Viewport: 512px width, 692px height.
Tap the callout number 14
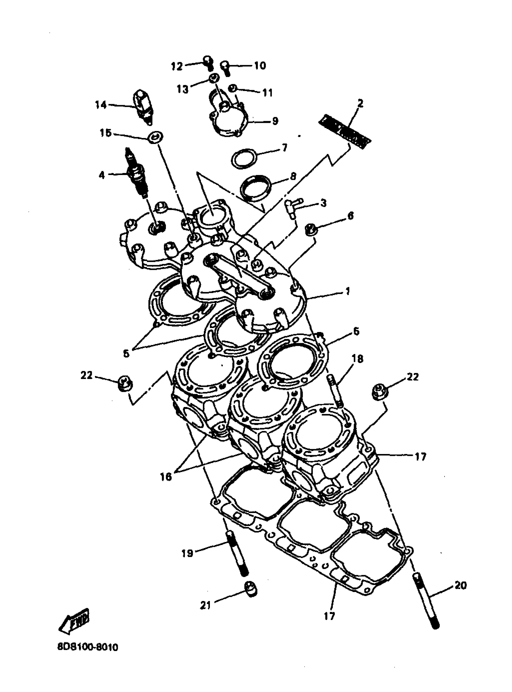click(101, 105)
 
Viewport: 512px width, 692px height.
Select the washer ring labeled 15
click(155, 137)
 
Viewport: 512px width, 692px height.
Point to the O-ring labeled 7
click(244, 158)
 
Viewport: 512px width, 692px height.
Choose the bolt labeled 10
click(225, 68)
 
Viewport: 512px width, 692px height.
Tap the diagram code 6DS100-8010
click(87, 648)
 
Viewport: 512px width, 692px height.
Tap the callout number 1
click(348, 291)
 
